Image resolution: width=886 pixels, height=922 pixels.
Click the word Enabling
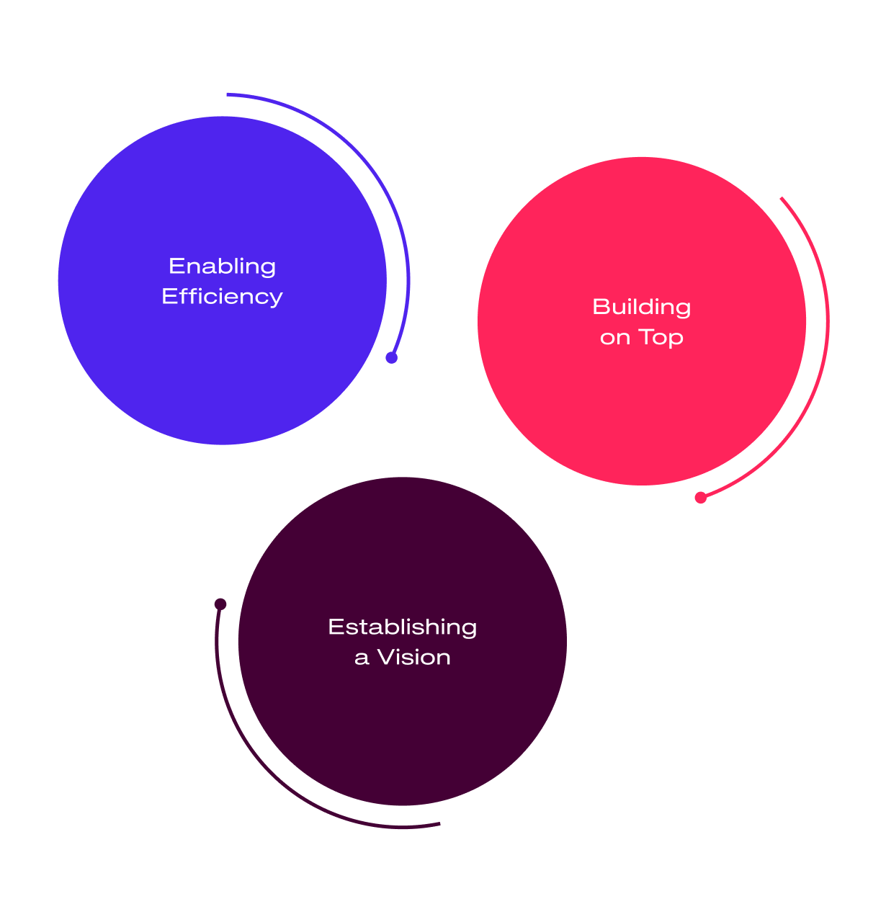click(222, 267)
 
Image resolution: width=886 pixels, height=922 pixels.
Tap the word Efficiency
click(222, 297)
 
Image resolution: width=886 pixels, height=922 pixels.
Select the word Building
click(641, 308)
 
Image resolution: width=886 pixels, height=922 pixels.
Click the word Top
click(661, 338)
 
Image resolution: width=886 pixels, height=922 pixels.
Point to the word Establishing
click(402, 627)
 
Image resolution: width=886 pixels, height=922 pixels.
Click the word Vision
click(414, 657)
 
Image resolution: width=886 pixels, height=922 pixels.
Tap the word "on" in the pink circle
click(615, 338)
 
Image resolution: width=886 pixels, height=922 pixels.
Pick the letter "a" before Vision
click(362, 658)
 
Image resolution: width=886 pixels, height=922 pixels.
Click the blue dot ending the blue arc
click(391, 357)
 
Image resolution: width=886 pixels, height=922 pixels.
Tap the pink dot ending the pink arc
click(700, 497)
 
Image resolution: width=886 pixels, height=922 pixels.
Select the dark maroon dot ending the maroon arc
click(220, 604)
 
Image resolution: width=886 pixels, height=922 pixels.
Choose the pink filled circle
click(641, 403)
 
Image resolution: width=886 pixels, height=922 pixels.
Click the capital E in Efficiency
click(167, 297)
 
